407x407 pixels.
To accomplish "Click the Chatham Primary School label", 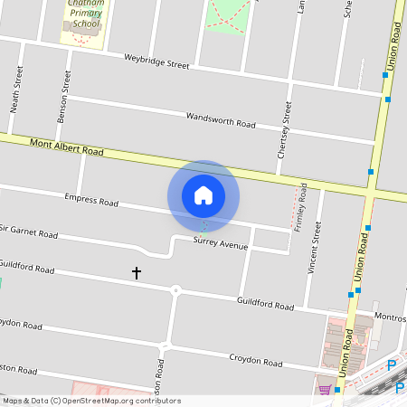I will (x=82, y=14).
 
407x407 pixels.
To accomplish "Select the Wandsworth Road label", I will (x=221, y=119).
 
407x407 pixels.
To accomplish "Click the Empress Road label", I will (x=91, y=200).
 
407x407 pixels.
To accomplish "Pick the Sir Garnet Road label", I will (x=30, y=232).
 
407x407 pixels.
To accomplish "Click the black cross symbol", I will (x=137, y=271).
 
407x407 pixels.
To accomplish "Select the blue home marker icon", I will (x=203, y=195).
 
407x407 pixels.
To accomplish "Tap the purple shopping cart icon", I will (x=325, y=390).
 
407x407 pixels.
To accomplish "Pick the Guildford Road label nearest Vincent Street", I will (x=265, y=305).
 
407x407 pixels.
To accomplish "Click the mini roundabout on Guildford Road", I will (x=175, y=290).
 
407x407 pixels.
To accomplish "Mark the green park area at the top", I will (x=227, y=14).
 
